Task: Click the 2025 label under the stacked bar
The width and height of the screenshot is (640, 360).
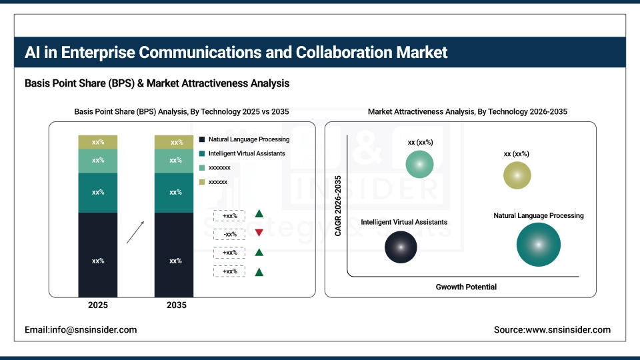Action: point(97,305)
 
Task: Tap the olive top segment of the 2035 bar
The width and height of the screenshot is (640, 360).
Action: point(175,142)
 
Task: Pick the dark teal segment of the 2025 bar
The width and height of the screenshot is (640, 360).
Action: point(97,192)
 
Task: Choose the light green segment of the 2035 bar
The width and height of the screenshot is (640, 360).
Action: point(175,161)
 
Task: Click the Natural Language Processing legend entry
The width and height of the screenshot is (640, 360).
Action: point(248,139)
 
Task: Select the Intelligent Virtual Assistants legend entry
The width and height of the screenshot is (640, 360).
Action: point(246,153)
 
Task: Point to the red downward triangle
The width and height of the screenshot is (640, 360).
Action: point(259,233)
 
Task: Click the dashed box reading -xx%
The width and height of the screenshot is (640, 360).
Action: point(230,234)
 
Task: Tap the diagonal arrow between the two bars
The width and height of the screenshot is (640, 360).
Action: point(135,232)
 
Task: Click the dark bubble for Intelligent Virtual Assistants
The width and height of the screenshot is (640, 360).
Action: point(401,247)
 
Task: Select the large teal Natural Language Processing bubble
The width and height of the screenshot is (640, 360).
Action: point(538,245)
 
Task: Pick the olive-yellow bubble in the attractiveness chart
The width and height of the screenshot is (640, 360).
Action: point(517,175)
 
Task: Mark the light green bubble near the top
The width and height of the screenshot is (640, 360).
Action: point(419,164)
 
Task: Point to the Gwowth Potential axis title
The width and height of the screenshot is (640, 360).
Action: point(466,287)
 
